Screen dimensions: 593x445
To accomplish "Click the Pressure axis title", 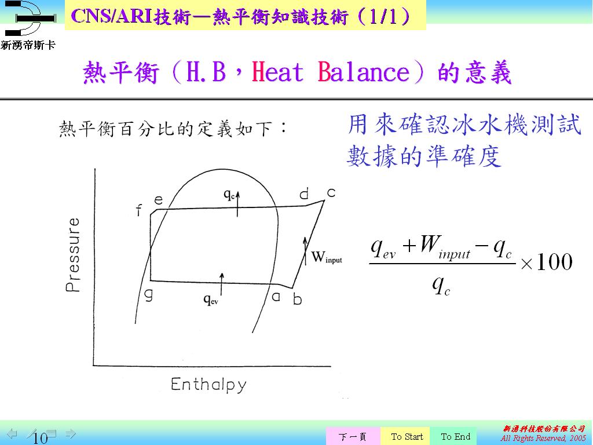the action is click(x=72, y=255).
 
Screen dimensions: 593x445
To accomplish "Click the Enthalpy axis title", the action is click(x=208, y=385).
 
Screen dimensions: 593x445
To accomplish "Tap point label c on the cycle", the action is click(x=331, y=193).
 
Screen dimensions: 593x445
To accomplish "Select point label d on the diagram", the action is click(x=304, y=194).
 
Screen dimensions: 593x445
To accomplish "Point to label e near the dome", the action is click(x=159, y=200).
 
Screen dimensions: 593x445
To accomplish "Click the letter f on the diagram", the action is click(x=139, y=210).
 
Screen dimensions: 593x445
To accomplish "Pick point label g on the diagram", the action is click(x=149, y=295).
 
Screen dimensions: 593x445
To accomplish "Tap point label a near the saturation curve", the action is click(x=276, y=296).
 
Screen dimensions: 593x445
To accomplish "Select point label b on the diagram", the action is click(x=298, y=299).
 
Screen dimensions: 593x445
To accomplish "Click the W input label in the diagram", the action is click(x=327, y=257).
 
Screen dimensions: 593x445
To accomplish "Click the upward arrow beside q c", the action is click(x=238, y=204).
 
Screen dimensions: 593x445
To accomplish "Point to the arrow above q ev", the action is click(x=222, y=284).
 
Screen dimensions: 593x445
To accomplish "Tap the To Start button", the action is click(x=407, y=437).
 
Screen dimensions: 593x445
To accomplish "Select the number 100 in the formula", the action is click(x=554, y=262).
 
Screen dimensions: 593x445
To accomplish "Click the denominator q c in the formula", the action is click(x=441, y=284).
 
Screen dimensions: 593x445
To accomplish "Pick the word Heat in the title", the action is click(x=277, y=71).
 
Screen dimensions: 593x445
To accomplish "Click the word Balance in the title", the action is click(x=364, y=71).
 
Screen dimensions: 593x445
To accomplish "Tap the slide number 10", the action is click(x=40, y=438).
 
